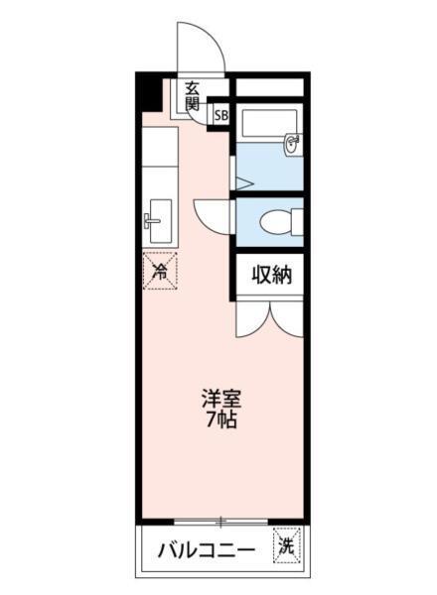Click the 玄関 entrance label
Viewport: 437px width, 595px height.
click(191, 96)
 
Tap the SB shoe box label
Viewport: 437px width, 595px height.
click(219, 114)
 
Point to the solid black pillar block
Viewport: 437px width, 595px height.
click(149, 93)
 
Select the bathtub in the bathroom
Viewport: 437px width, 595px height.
click(263, 125)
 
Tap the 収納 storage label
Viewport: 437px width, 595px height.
click(270, 275)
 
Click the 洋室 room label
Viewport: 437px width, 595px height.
click(221, 399)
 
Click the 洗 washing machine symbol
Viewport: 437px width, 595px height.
click(286, 544)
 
